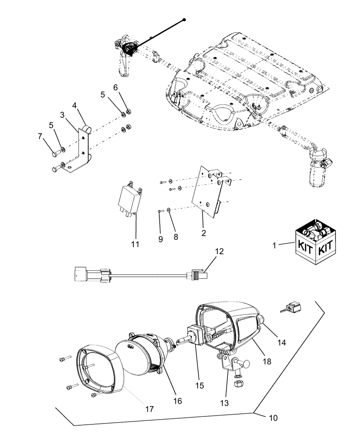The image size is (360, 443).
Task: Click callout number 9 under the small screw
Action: [x=160, y=239]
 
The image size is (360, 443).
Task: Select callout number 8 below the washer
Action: [x=176, y=237]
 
